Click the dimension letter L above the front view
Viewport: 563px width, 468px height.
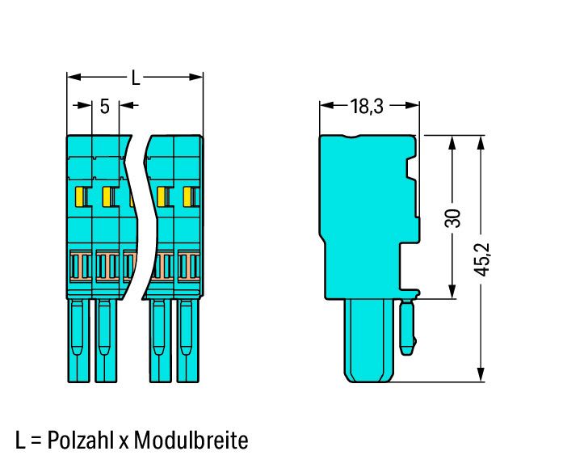(x=136, y=78)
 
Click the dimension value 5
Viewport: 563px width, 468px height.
(x=104, y=107)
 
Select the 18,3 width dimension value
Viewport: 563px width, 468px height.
(x=367, y=107)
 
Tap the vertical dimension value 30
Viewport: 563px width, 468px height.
(x=452, y=218)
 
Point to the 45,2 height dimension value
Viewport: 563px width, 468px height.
(x=482, y=259)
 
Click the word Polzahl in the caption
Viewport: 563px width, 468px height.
(x=81, y=440)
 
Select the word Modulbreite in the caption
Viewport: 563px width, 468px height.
(x=191, y=440)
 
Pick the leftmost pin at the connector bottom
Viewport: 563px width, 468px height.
(x=78, y=340)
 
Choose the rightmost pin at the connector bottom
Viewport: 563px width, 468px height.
(x=187, y=340)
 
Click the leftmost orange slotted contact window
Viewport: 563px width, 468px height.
(x=80, y=266)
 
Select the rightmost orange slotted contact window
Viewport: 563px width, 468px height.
(x=189, y=266)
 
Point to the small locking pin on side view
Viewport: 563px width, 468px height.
(x=407, y=327)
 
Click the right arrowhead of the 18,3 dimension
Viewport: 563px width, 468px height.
(x=412, y=105)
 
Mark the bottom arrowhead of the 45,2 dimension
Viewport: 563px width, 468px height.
(x=481, y=374)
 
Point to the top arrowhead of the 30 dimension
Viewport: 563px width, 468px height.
(x=452, y=143)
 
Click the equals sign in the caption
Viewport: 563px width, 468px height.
(x=36, y=441)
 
